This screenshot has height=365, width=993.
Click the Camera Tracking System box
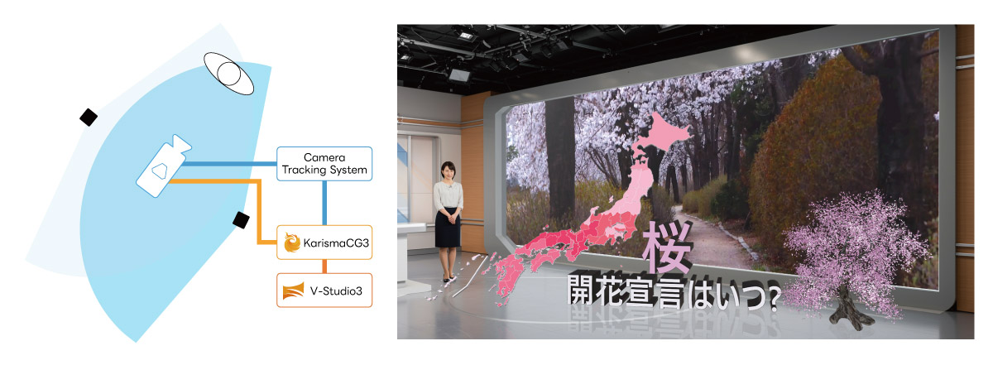[x=324, y=164]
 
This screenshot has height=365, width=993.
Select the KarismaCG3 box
[x=324, y=243]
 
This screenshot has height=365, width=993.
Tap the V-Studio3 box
[x=324, y=291]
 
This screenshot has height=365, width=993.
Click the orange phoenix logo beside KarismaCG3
[x=292, y=243]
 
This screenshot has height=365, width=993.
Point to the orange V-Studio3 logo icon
[x=293, y=291]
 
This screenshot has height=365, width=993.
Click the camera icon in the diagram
[x=164, y=166]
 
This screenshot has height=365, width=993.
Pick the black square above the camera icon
[x=89, y=117]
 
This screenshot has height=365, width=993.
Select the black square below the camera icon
[x=241, y=220]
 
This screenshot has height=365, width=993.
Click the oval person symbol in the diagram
[x=228, y=74]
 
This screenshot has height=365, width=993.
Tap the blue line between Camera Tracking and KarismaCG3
[x=324, y=203]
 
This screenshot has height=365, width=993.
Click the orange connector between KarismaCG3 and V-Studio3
[x=324, y=267]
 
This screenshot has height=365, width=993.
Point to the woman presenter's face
[x=448, y=171]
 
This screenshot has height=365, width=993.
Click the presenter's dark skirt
[x=448, y=228]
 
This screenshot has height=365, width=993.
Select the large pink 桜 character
[x=668, y=247]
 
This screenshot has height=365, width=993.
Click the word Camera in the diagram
[x=324, y=157]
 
